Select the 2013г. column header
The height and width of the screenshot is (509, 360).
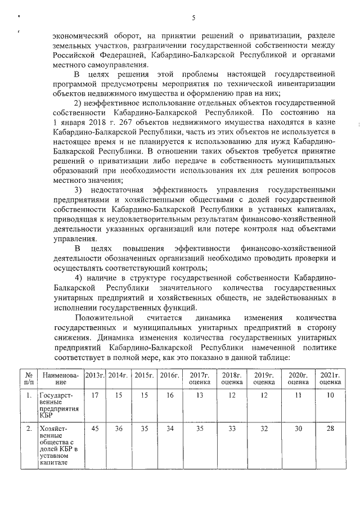pyautogui.click(x=94, y=375)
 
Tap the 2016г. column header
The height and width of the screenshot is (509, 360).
pyautogui.click(x=169, y=375)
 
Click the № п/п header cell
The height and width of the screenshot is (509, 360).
pyautogui.click(x=28, y=378)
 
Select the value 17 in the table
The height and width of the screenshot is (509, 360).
pyautogui.click(x=94, y=395)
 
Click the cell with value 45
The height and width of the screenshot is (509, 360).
pyautogui.click(x=94, y=429)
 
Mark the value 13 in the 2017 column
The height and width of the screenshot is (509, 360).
pyautogui.click(x=199, y=395)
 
